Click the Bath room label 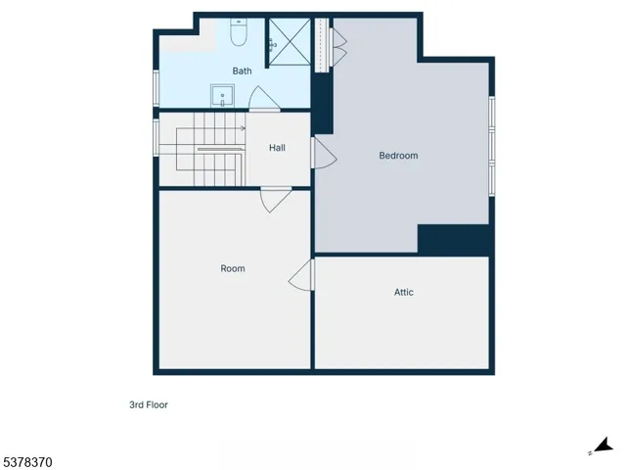point(242,71)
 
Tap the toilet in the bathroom point(238,35)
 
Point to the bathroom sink point(221,96)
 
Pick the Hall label point(277,148)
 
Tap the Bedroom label point(398,156)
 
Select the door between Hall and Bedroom point(322,152)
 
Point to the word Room point(233,268)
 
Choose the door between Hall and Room point(274,200)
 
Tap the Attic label point(403,292)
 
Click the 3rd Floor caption point(149,404)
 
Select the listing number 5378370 point(28,459)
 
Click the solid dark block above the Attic point(453,240)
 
